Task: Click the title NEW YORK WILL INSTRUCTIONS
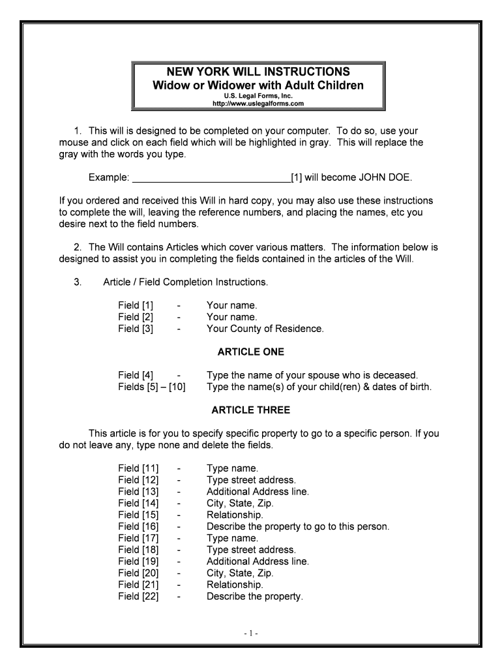pos(258,71)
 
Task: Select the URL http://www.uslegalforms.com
pos(258,103)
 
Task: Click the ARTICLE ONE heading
pos(251,352)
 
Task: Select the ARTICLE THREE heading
pos(251,410)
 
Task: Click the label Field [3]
pos(136,329)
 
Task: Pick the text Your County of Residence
pos(265,329)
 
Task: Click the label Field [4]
pos(136,375)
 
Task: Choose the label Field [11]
pos(138,468)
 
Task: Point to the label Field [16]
pos(138,526)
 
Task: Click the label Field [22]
pos(138,596)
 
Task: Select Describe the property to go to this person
pos(297,526)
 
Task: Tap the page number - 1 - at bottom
pos(252,633)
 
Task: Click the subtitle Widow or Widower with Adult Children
pos(258,85)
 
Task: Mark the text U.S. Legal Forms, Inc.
pos(258,96)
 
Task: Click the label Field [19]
pos(138,561)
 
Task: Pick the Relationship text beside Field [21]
pos(235,584)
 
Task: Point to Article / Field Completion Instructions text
pos(186,282)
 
